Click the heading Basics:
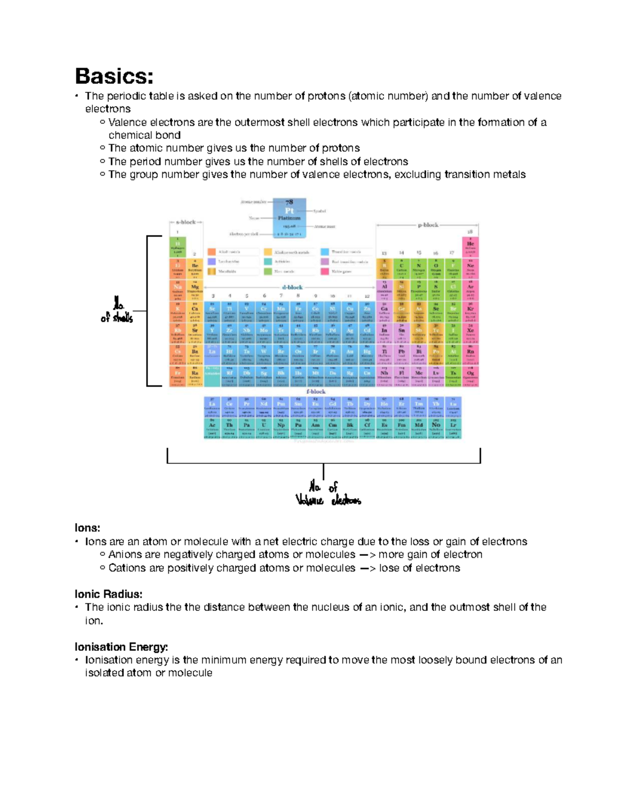114,76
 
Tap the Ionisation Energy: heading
121,647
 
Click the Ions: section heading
88,528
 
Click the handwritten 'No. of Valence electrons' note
327,494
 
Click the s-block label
186,222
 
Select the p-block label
427,225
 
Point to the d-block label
292,287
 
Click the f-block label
316,391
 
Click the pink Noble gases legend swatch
324,271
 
